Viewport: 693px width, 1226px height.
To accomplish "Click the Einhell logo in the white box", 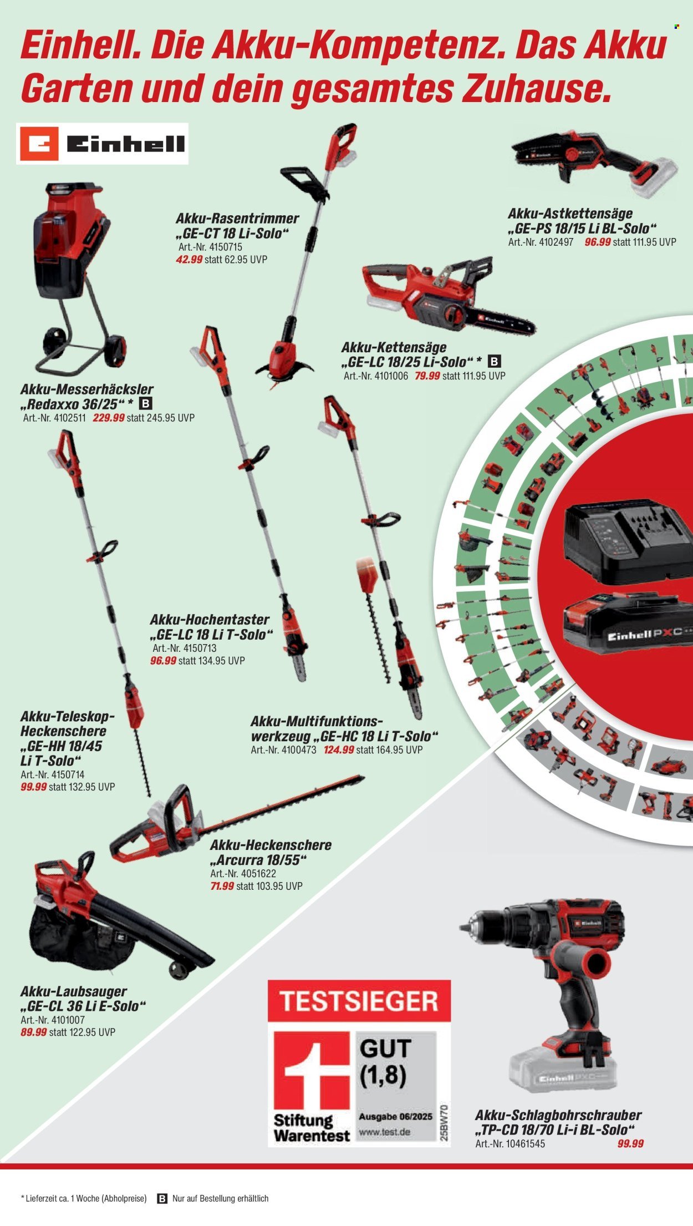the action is click(x=102, y=144).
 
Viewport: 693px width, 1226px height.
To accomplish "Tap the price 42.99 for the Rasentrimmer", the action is click(x=189, y=260).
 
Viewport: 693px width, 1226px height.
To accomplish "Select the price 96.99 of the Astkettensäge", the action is click(x=598, y=242).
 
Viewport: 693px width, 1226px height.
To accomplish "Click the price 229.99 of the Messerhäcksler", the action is click(x=109, y=418).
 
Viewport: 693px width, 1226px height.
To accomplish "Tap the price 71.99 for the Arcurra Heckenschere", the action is click(x=222, y=886).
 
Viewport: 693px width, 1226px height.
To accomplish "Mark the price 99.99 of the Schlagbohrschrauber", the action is click(x=630, y=1144).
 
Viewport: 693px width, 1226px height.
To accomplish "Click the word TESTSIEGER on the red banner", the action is click(x=359, y=1001).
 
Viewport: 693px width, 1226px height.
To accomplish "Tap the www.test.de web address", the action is click(x=385, y=1132).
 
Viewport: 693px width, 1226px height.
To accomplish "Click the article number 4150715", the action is click(x=226, y=247).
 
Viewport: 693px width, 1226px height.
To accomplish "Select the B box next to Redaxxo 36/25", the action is click(x=146, y=404).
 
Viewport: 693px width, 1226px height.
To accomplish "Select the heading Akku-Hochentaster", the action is click(x=210, y=620).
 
